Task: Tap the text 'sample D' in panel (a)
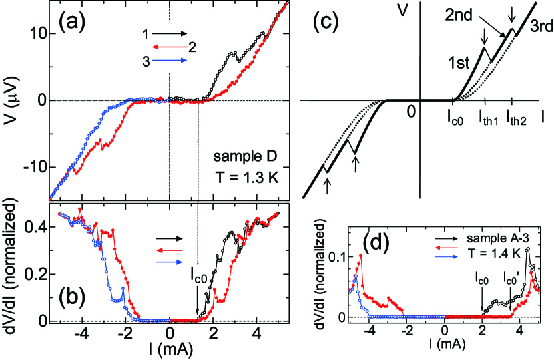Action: [241, 158]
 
